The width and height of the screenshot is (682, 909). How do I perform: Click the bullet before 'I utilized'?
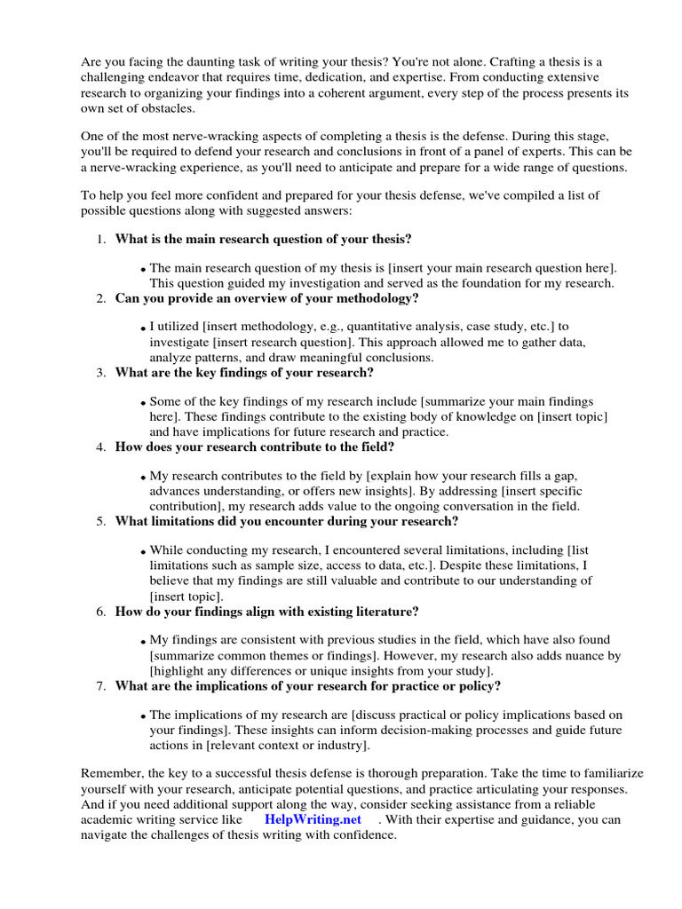(x=143, y=328)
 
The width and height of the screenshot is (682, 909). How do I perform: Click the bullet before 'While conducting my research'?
(x=143, y=552)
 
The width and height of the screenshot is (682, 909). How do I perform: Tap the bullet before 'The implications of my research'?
(x=143, y=716)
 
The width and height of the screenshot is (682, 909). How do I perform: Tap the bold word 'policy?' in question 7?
(x=479, y=685)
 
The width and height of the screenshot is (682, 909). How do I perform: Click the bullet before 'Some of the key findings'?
(x=143, y=403)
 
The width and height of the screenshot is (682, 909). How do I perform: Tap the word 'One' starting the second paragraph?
(x=92, y=136)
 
